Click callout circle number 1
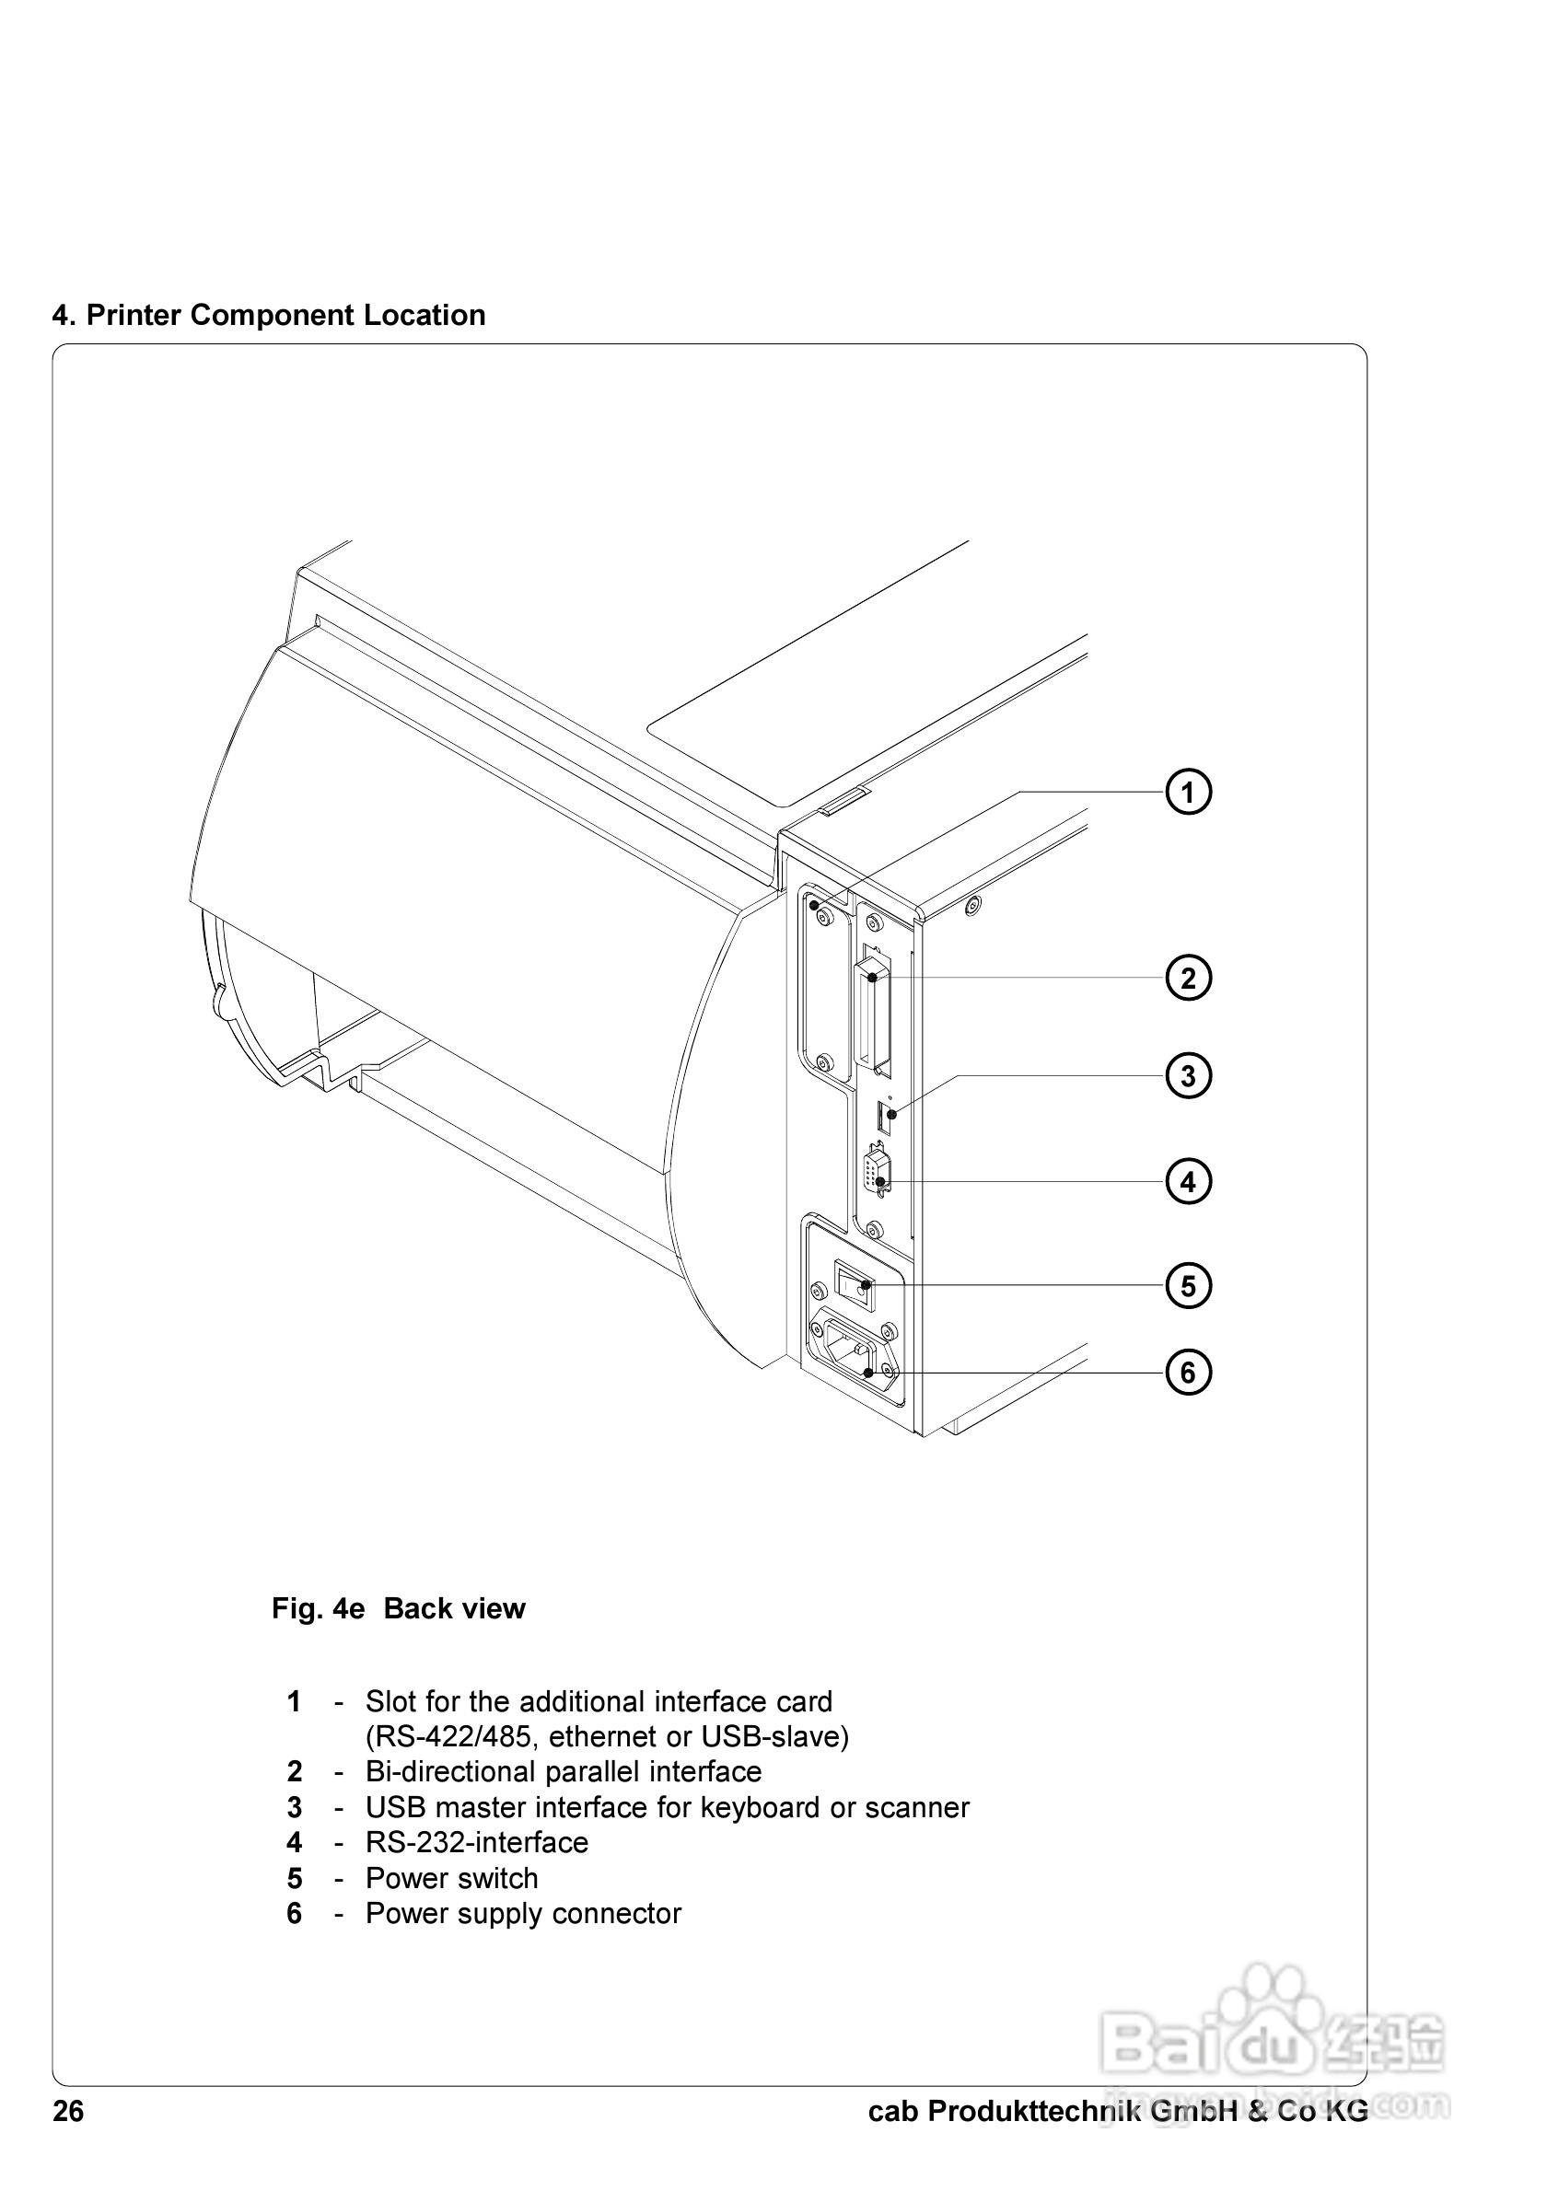coord(1188,792)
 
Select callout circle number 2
coord(1188,978)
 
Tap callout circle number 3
coord(1188,1076)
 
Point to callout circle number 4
coord(1188,1182)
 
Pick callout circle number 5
coord(1188,1285)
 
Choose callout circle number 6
coord(1188,1373)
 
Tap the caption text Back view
coord(454,1608)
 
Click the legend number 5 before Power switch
coord(295,1878)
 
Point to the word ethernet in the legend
coord(606,1736)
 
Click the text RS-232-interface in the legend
coord(477,1843)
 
